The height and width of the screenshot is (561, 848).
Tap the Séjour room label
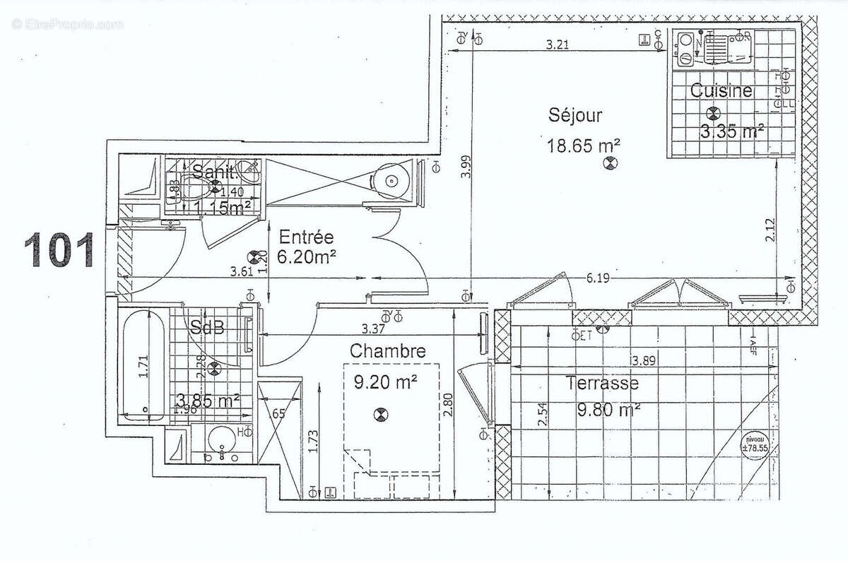575,115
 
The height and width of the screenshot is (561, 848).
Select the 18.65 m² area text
583,146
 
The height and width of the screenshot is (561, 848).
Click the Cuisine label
720,90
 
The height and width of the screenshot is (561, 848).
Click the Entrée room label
305,237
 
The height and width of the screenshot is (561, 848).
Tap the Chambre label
387,350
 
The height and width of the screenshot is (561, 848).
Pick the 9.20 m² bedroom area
384,382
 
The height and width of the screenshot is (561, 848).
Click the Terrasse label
601,384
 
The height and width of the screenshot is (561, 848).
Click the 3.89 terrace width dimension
642,361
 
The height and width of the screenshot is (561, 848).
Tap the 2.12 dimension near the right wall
770,231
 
